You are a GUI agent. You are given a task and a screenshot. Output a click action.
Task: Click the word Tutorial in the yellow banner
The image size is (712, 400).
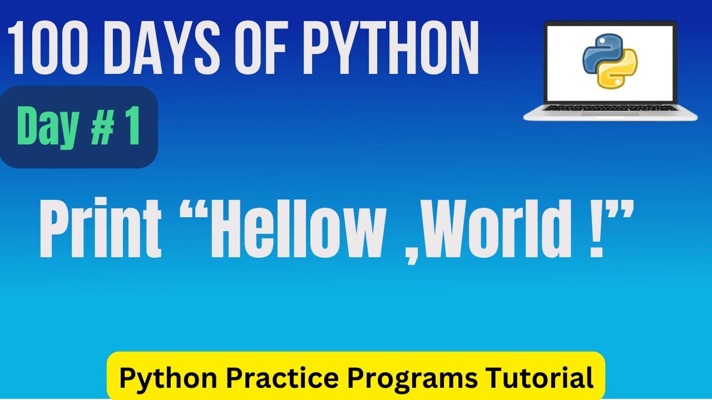[x=539, y=378]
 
